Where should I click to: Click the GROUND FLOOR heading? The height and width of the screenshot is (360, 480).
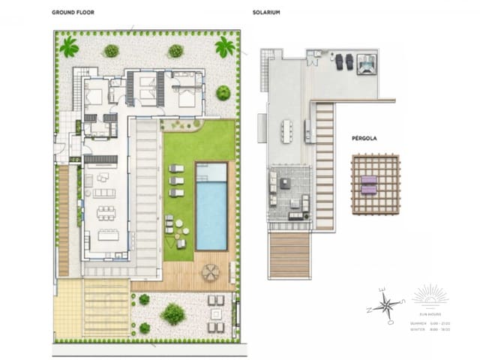coord(73,13)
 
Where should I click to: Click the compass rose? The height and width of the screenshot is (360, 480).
coord(388,304)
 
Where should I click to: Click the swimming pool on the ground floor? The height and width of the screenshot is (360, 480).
coord(211,208)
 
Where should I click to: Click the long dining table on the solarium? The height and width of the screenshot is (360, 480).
coord(288,129)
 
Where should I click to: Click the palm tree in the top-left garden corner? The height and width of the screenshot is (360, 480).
coord(69,47)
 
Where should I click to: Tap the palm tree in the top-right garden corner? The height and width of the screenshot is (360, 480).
coord(224,47)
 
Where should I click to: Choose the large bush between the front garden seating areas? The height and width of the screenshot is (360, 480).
coord(173,313)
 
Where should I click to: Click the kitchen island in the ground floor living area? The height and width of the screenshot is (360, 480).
coord(109,234)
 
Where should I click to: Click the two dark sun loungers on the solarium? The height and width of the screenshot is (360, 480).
coord(343,61)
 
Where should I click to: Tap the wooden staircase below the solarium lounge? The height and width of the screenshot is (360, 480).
coord(289,255)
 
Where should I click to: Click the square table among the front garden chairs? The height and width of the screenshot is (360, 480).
coord(216,313)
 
